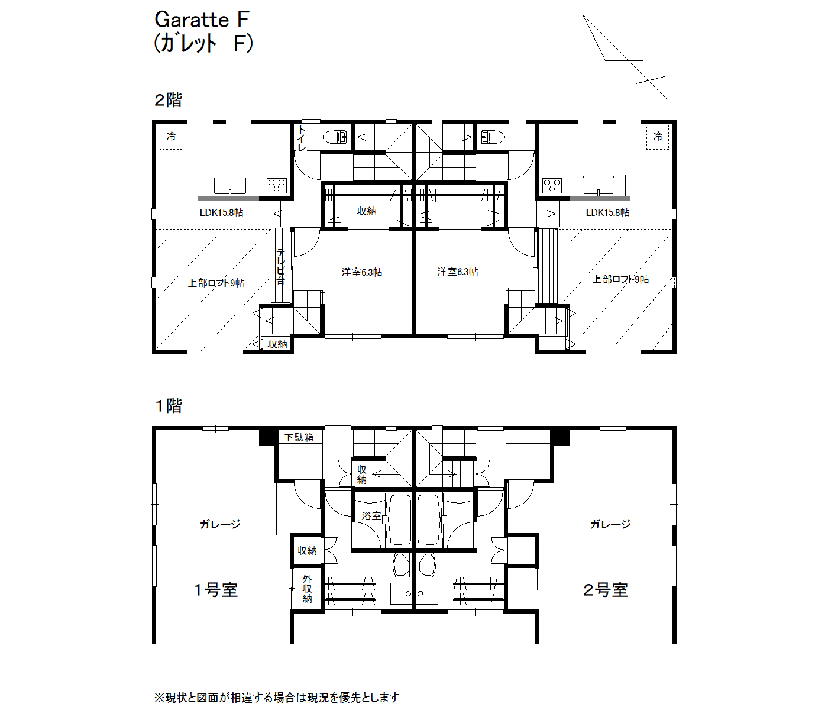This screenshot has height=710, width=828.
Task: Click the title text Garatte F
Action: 202,20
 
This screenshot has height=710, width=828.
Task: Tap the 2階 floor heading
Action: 168,100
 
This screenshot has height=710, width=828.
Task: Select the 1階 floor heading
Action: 168,405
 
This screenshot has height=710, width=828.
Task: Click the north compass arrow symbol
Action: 625,57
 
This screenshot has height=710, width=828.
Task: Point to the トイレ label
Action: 302,138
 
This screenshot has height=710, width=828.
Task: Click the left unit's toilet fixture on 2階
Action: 335,137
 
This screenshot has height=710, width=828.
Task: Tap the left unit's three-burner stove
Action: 276,186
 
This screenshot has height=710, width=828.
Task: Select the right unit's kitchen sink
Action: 598,185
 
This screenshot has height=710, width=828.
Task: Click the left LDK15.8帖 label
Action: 222,212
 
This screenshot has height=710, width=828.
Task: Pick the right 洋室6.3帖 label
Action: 457,272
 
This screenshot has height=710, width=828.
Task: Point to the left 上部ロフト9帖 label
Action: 216,283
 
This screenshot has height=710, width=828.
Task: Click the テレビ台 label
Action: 281,266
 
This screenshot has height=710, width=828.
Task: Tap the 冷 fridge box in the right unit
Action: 658,137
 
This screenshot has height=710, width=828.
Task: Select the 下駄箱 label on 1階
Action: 299,437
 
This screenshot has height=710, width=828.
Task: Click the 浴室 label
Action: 371,516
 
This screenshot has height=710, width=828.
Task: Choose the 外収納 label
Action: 307,589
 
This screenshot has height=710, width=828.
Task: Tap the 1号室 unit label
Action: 216,590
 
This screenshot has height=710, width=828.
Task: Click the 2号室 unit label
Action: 606,590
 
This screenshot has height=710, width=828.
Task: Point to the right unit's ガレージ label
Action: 610,524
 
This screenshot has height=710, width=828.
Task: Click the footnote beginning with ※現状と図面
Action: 277,698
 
